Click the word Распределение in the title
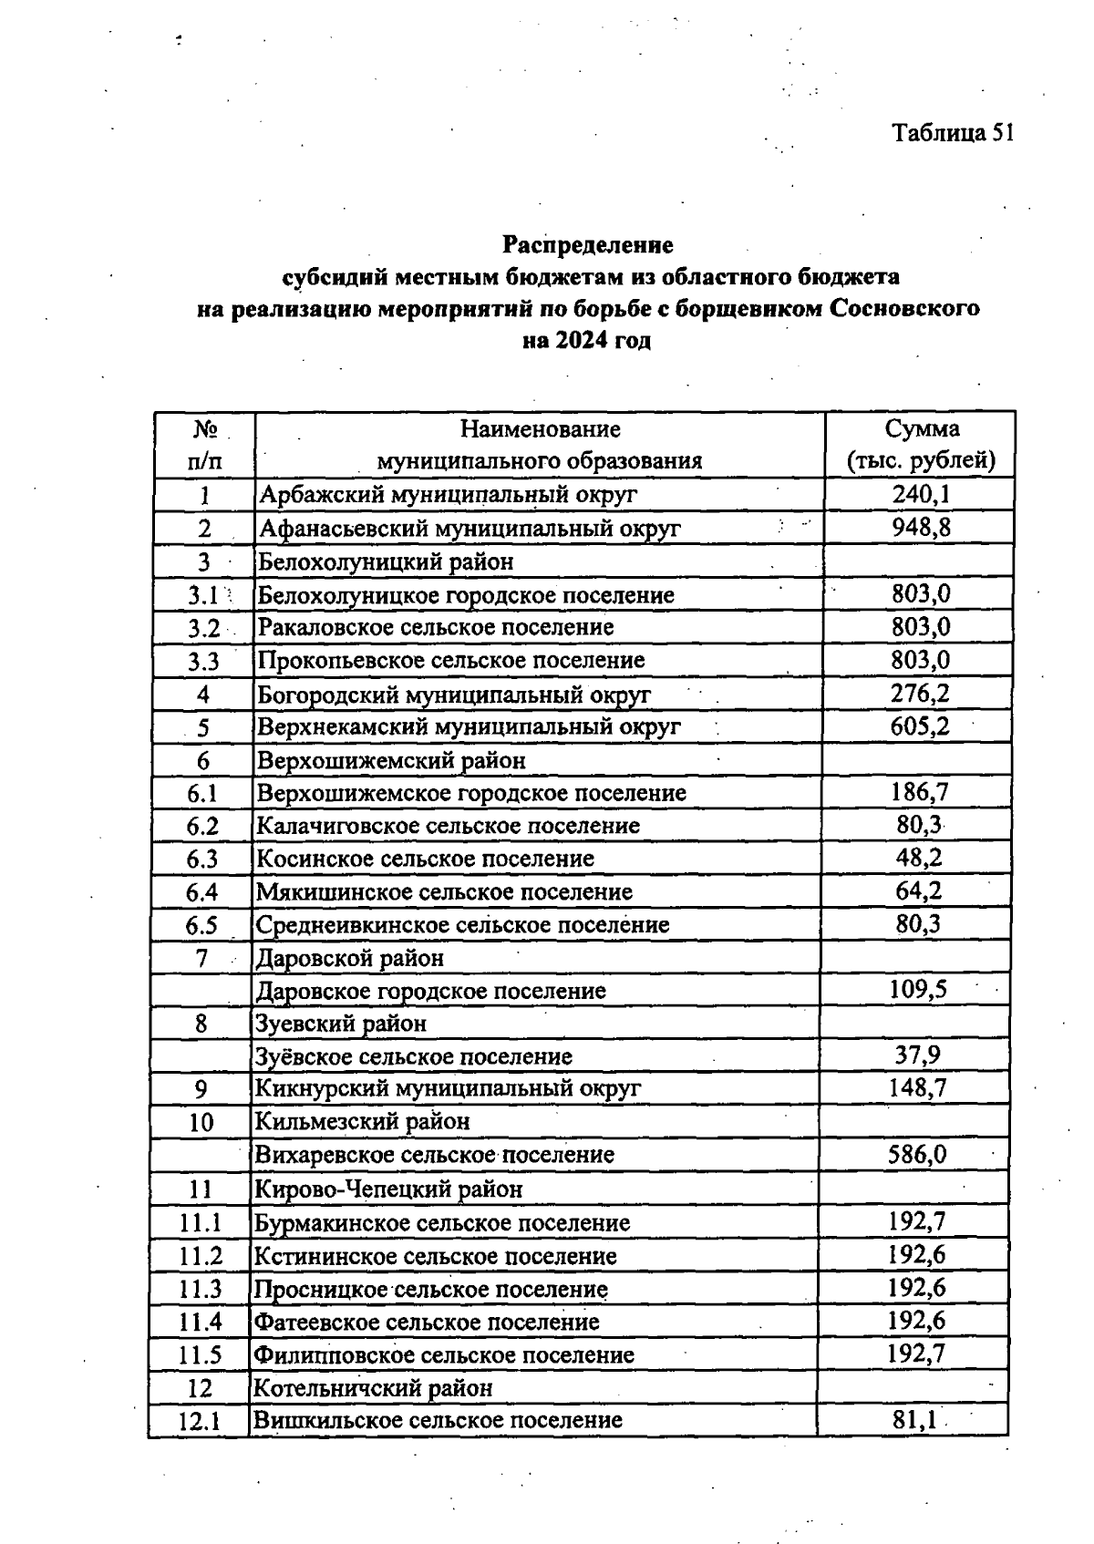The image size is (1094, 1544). click(x=588, y=245)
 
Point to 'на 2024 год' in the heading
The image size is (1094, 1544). click(x=587, y=342)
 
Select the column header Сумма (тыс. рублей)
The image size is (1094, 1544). click(x=921, y=444)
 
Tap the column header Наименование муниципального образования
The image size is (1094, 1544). click(x=540, y=444)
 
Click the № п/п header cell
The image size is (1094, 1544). click(x=204, y=444)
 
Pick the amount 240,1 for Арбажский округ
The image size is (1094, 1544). click(x=921, y=494)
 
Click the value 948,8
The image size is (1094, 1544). click(x=921, y=527)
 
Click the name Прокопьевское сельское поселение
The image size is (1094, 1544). click(x=451, y=660)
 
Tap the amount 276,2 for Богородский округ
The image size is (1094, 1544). click(x=920, y=694)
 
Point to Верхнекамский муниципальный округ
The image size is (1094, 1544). click(x=470, y=727)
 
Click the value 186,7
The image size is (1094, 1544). click(x=919, y=792)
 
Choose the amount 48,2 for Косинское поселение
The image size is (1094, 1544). click(x=918, y=858)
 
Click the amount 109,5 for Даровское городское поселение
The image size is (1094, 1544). click(x=917, y=990)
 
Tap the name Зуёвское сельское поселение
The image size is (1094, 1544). click(x=414, y=1056)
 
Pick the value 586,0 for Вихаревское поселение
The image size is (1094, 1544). click(x=917, y=1155)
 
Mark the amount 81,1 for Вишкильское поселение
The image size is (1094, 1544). click(x=915, y=1420)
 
